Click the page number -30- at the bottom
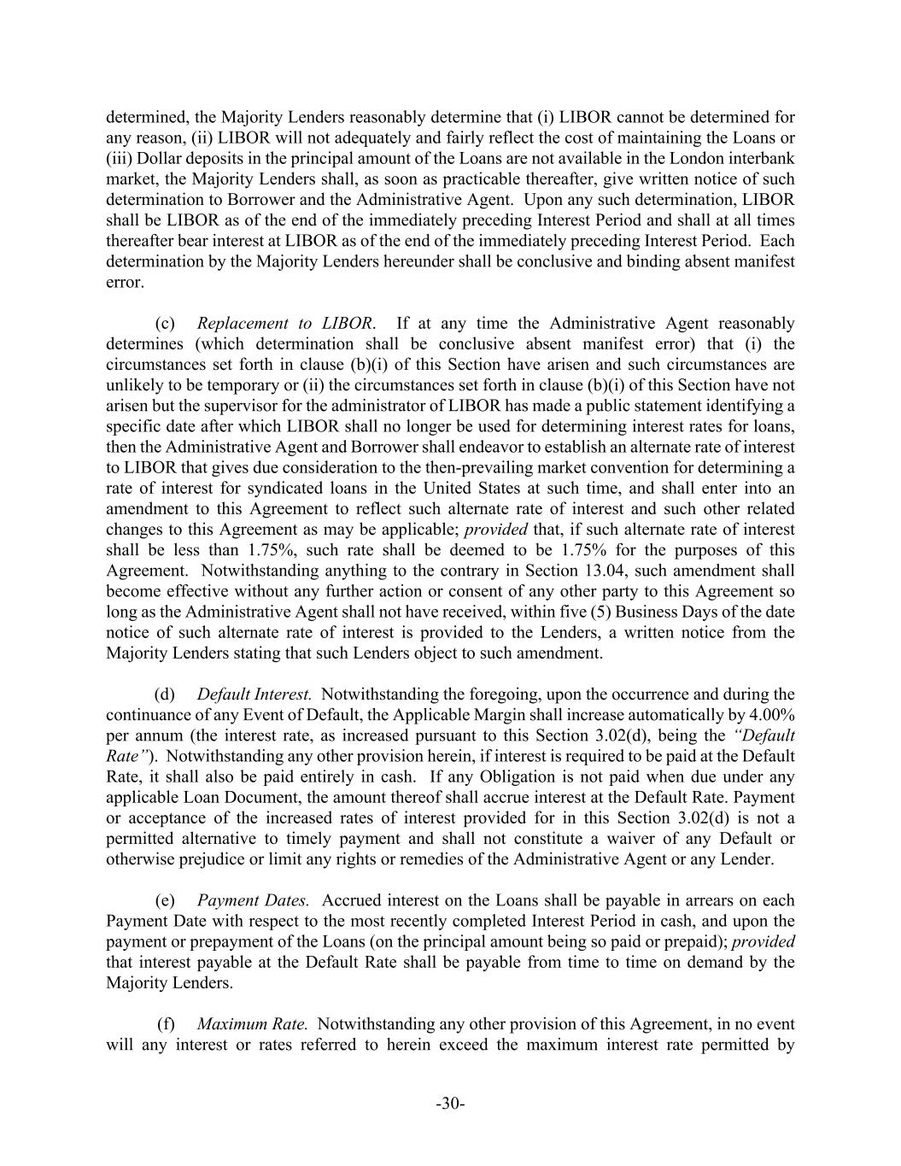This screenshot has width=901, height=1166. pyautogui.click(x=450, y=1104)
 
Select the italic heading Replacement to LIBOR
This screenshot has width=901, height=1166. pyautogui.click(x=285, y=324)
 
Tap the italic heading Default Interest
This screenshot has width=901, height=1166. pyautogui.click(x=254, y=694)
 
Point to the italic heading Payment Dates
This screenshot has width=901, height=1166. pyautogui.click(x=253, y=900)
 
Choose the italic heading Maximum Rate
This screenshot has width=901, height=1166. pyautogui.click(x=252, y=1024)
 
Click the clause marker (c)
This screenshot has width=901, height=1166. pyautogui.click(x=165, y=324)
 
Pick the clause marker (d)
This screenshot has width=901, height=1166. pyautogui.click(x=165, y=694)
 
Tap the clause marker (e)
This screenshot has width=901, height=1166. pyautogui.click(x=165, y=900)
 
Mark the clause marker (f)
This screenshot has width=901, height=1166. pyautogui.click(x=167, y=1024)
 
